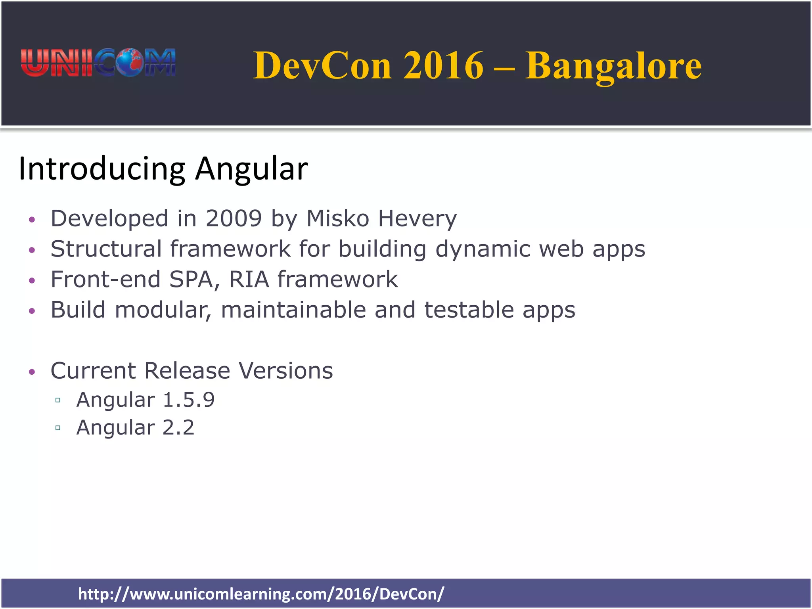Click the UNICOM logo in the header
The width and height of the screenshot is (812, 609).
pyautogui.click(x=98, y=63)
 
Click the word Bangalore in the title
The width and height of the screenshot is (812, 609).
pyautogui.click(x=613, y=66)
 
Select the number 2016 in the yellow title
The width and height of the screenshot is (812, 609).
pyautogui.click(x=444, y=66)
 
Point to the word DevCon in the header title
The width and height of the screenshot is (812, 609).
pyautogui.click(x=322, y=66)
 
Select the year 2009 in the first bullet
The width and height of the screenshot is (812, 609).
pyautogui.click(x=234, y=218)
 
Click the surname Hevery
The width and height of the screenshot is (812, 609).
pyautogui.click(x=417, y=219)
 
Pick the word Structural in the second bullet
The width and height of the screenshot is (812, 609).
pyautogui.click(x=106, y=249)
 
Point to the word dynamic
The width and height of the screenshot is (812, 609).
pyautogui.click(x=483, y=250)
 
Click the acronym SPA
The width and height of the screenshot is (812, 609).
pyautogui.click(x=194, y=280)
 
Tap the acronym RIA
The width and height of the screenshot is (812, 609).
pyautogui.click(x=249, y=280)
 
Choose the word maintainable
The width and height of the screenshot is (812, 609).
pyautogui.click(x=293, y=310)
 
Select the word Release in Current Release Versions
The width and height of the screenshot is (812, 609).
pyautogui.click(x=187, y=371)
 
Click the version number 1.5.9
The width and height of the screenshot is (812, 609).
pyautogui.click(x=189, y=400)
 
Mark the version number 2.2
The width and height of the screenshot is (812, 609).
pyautogui.click(x=178, y=428)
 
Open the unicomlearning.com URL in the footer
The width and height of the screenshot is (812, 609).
pyautogui.click(x=261, y=594)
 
